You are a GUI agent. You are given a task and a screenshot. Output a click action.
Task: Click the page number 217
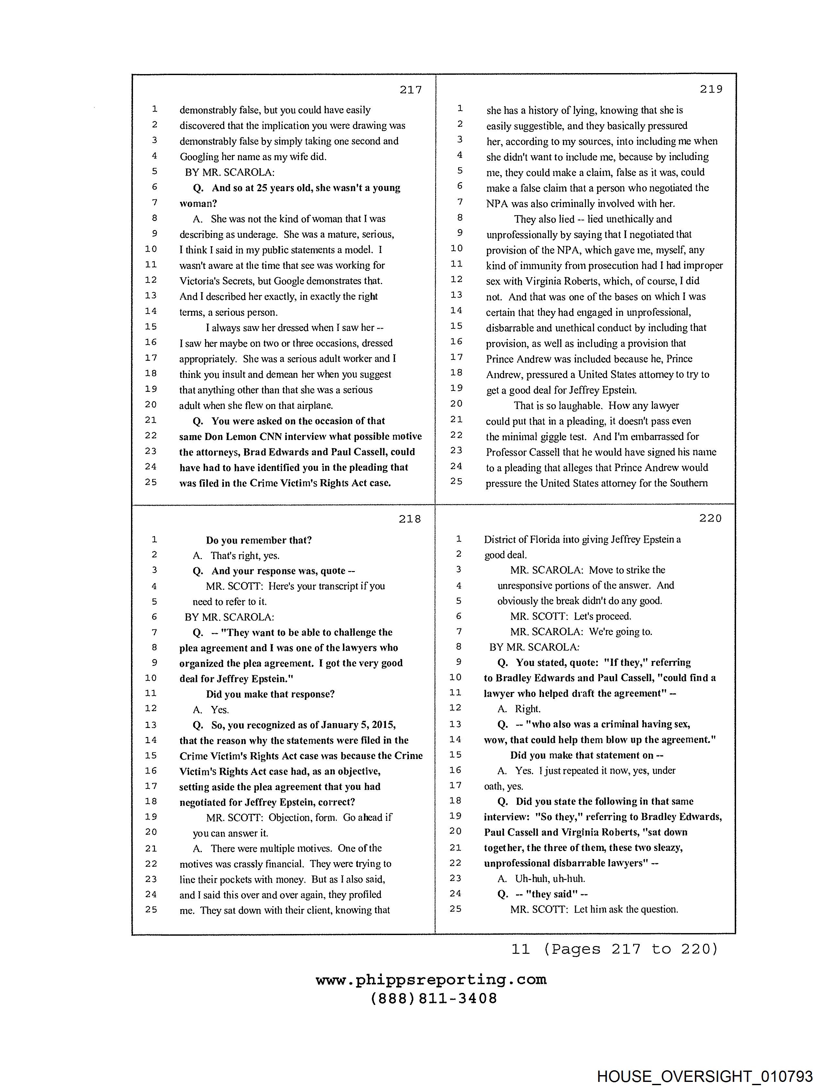click(411, 90)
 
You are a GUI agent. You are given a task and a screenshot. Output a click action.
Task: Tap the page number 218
click(410, 519)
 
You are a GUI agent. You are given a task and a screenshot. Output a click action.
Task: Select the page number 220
click(710, 518)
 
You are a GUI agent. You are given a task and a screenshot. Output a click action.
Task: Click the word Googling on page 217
click(199, 157)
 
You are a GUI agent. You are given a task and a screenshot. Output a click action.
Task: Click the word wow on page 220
click(495, 740)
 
